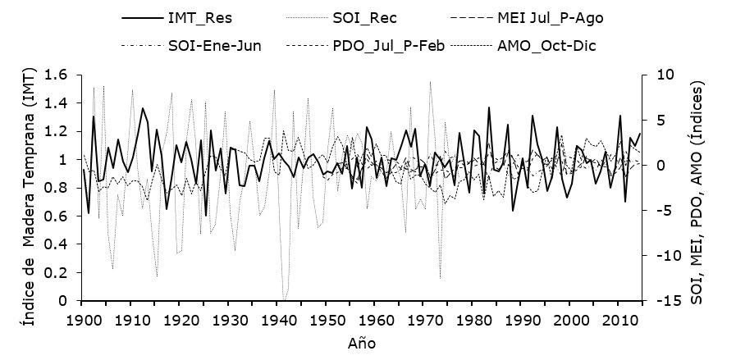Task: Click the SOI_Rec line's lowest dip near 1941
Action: [x=283, y=299]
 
